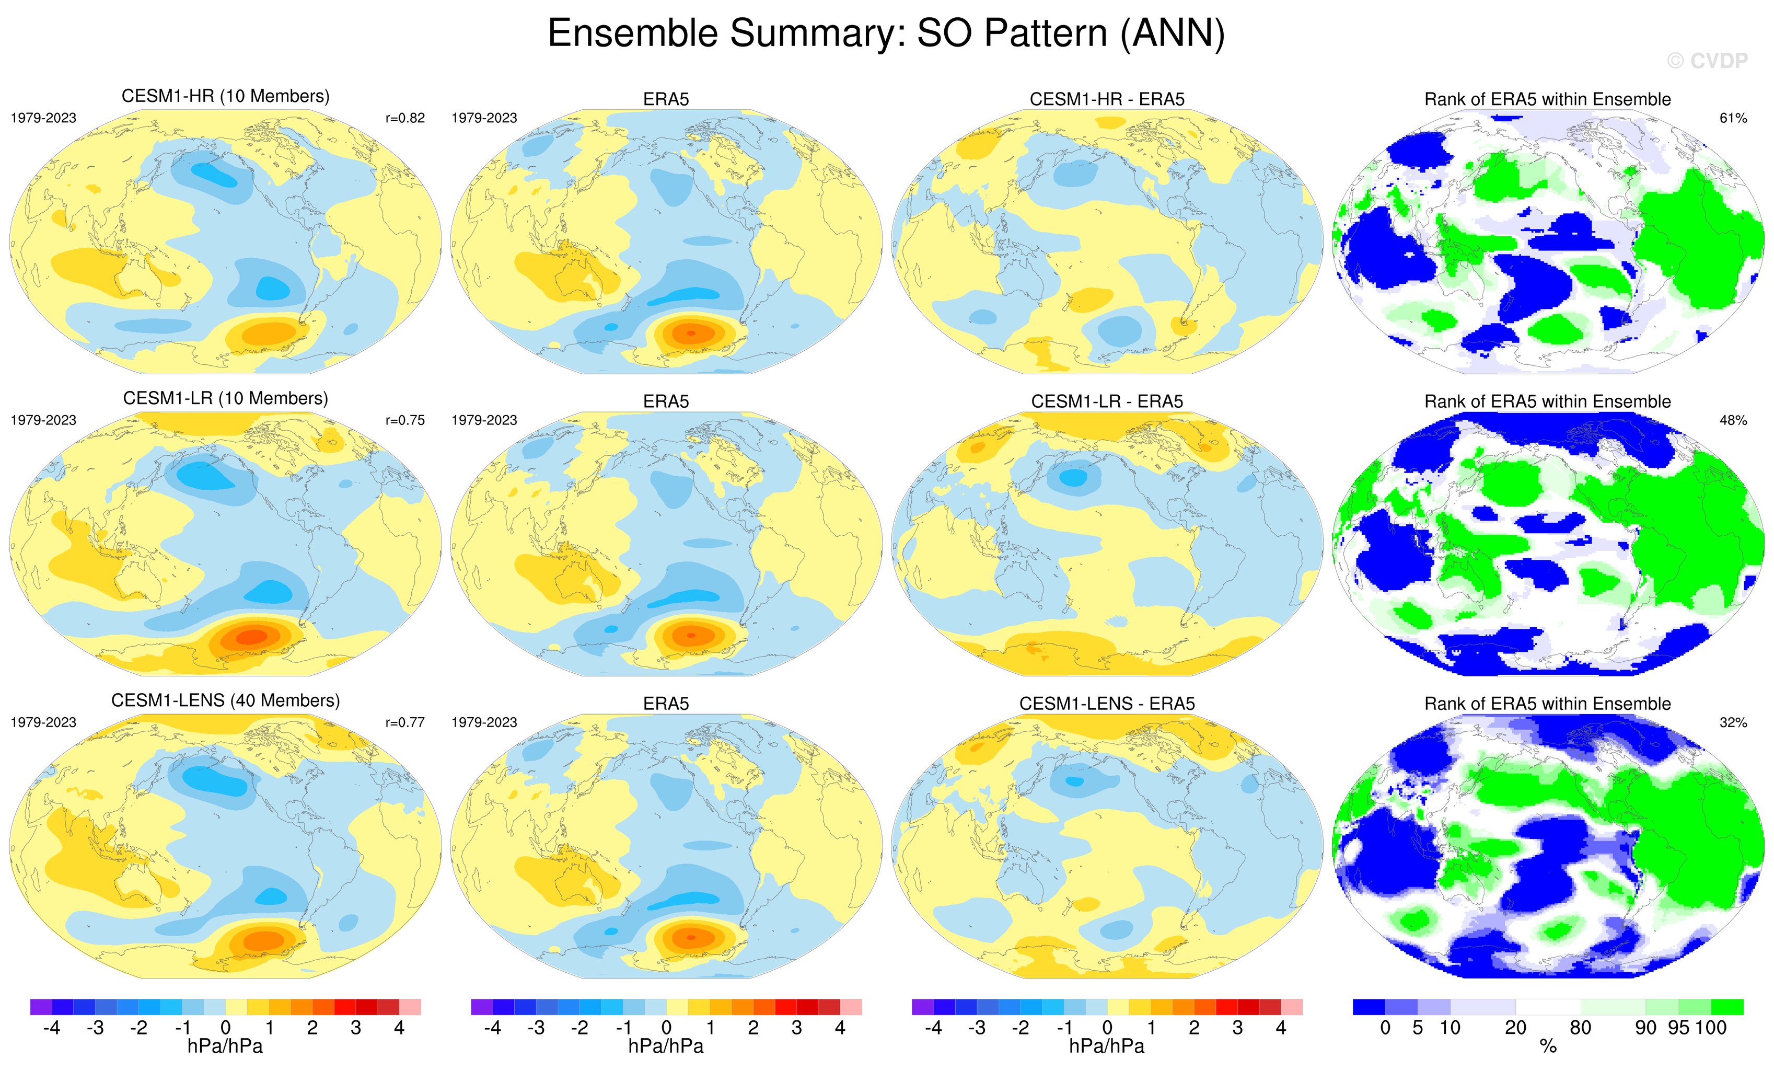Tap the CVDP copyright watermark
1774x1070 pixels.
coord(1707,61)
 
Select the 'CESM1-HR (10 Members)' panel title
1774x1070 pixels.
coord(225,97)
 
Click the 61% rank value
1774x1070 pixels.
coord(1733,118)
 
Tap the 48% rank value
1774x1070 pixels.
coord(1733,420)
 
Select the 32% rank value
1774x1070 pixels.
coord(1733,722)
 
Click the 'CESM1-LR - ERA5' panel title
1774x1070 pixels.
coord(1107,402)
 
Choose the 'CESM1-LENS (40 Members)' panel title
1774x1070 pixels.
coord(225,700)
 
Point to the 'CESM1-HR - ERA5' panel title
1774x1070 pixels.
coord(1107,99)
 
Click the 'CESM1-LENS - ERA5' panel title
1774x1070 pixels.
coord(1107,704)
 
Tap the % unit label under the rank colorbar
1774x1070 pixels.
coord(1548,1047)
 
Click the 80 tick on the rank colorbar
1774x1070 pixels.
coord(1580,1028)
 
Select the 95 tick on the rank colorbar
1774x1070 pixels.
coord(1679,1028)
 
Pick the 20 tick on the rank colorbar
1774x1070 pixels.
coord(1515,1028)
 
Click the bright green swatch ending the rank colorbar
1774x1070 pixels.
coord(1727,1007)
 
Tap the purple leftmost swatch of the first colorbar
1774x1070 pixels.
coord(41,1007)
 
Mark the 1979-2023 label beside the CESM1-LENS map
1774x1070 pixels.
coord(43,722)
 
